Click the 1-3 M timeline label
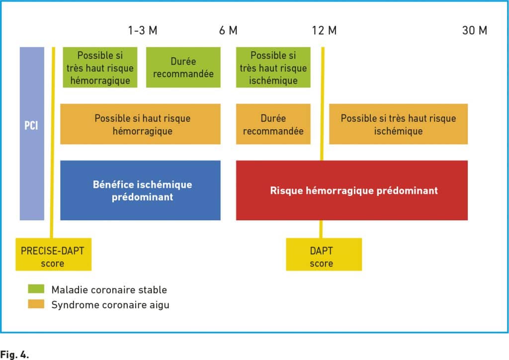143,30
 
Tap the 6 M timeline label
228,30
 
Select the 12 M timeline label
324,30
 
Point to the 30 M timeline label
475,30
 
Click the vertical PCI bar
32,133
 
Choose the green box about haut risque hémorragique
100,67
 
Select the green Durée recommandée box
183,67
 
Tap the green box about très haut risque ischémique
273,67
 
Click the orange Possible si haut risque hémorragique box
140,124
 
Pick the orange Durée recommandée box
273,124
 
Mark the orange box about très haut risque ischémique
398,124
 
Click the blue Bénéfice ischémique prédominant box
140,190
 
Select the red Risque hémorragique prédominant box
352,190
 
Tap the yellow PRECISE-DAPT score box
54,254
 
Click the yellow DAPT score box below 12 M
324,254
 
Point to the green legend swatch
36,288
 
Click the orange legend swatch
36,304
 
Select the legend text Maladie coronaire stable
109,289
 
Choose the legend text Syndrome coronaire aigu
110,305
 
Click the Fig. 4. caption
14,354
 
